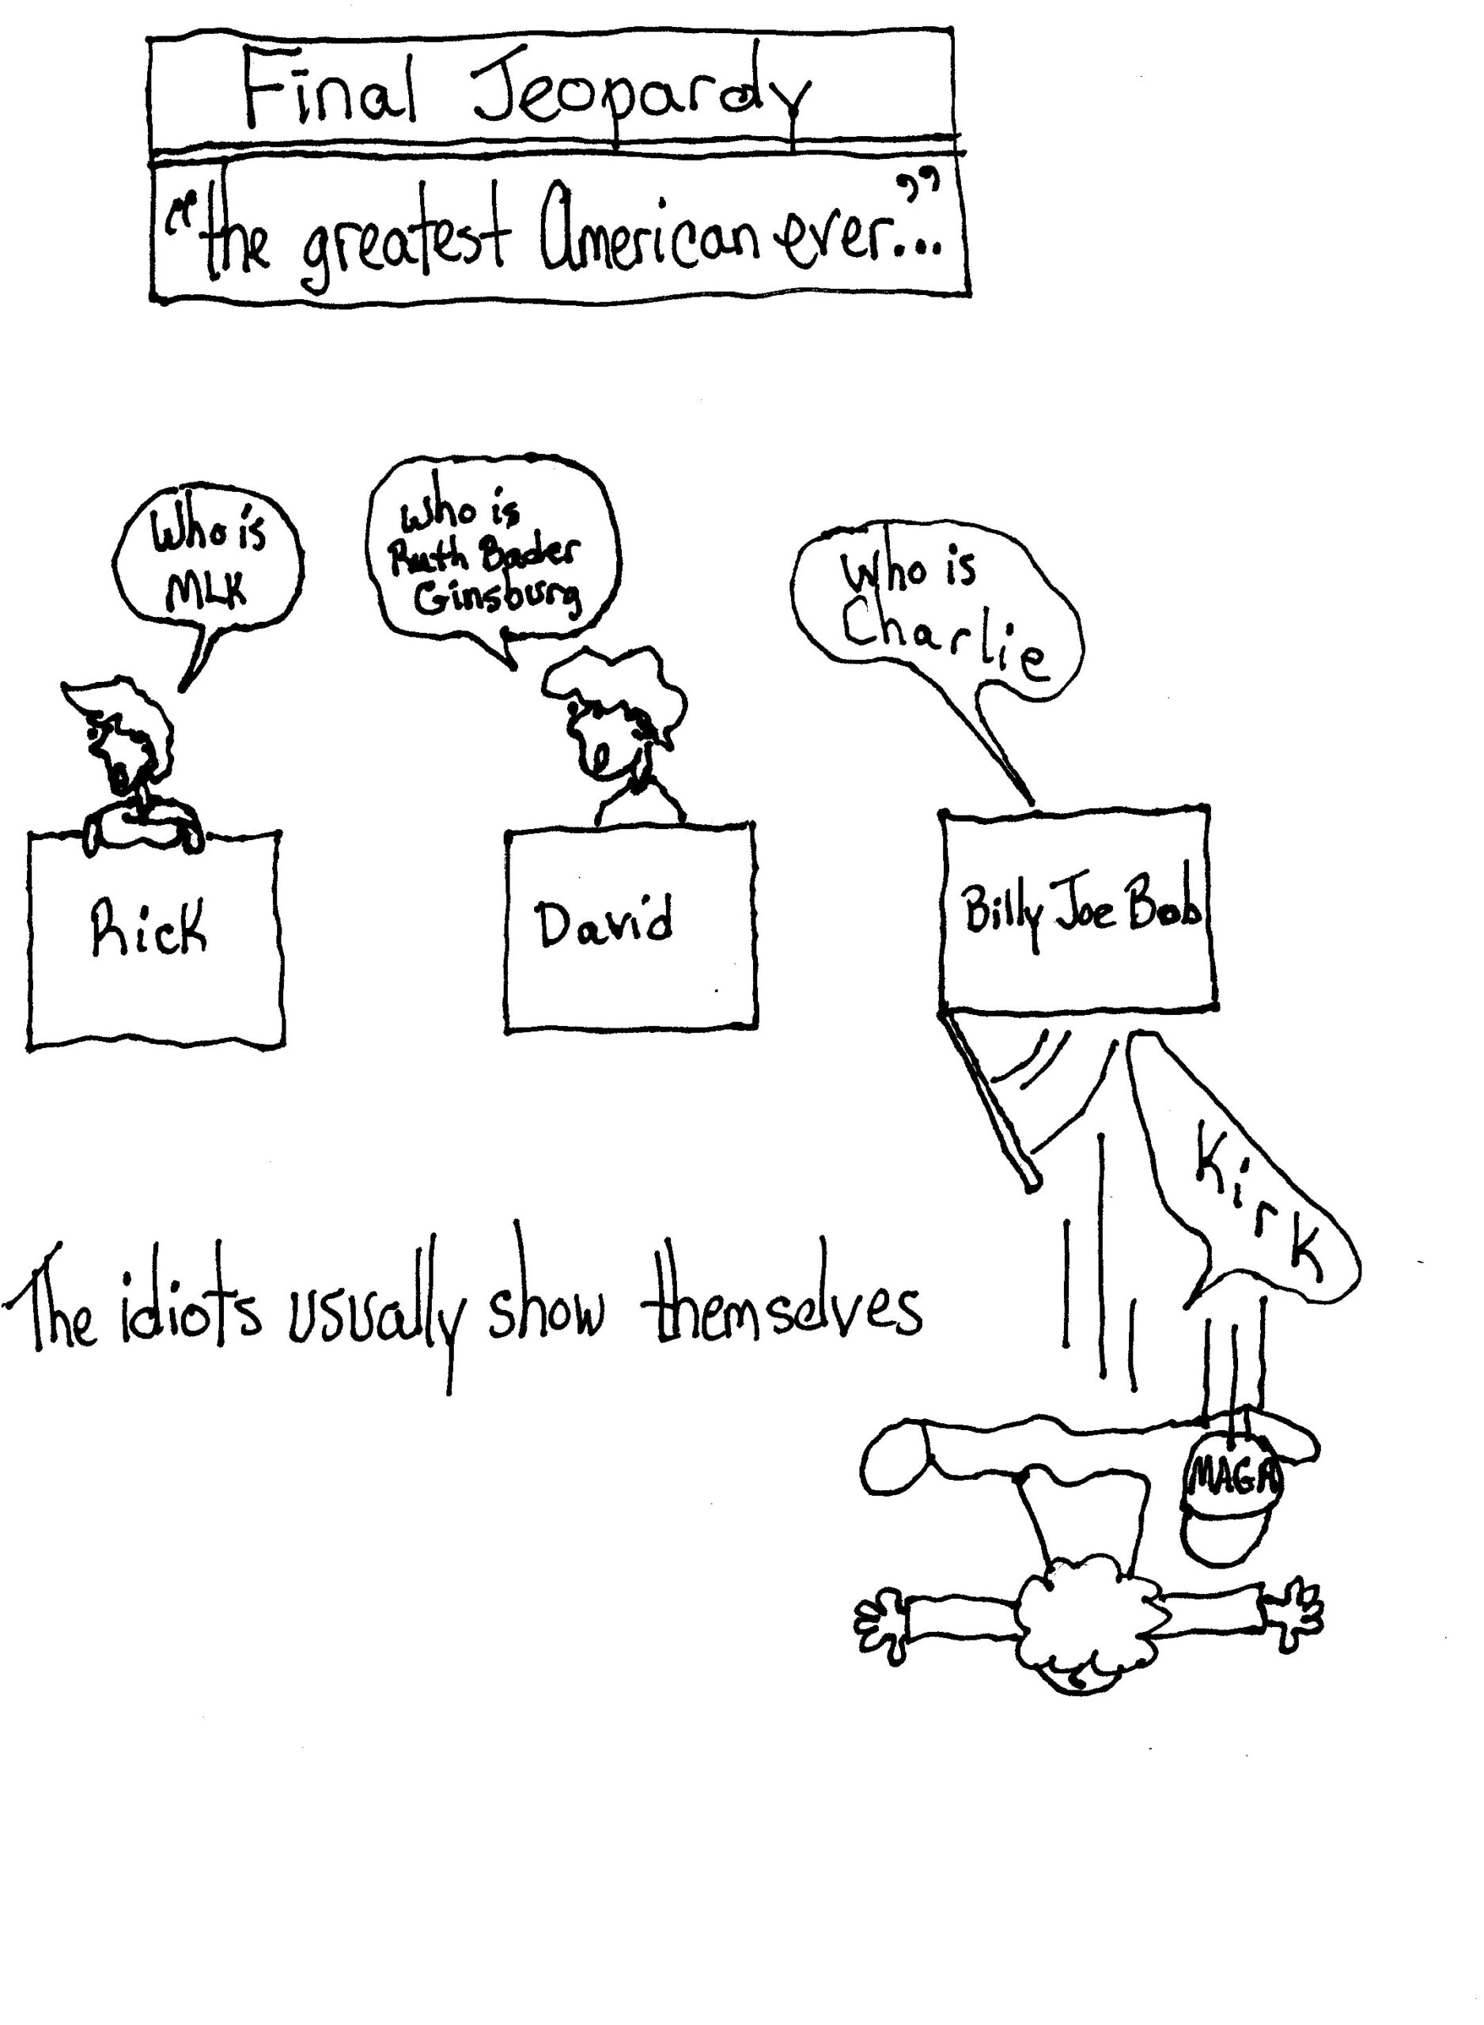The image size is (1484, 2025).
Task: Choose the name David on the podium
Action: [604, 924]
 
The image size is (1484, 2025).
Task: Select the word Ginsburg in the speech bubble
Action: [497, 597]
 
